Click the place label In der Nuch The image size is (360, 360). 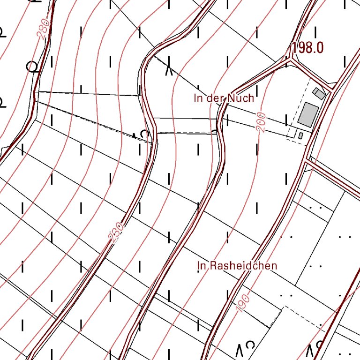coord(224,98)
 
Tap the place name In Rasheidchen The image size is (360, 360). coord(237,266)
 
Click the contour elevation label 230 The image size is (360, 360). coord(116,232)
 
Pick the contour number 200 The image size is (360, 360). coord(261,122)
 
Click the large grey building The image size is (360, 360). coord(308,113)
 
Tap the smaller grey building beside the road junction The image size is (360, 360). coord(319,93)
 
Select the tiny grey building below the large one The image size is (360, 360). coord(300,135)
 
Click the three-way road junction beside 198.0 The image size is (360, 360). coord(292,60)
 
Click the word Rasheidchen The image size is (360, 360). coord(244,266)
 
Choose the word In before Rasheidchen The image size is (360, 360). coord(202,266)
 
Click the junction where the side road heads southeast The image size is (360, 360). coord(307,162)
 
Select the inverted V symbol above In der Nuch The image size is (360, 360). coord(169,71)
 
